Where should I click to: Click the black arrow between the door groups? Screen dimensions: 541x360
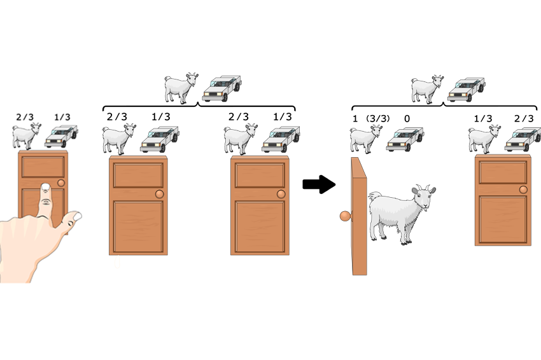point(319,184)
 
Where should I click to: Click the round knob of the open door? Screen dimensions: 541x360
point(346,216)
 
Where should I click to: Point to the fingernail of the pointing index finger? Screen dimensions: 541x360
point(46,187)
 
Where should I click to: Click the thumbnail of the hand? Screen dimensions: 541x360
point(77,216)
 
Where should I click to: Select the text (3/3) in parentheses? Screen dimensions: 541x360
point(378,118)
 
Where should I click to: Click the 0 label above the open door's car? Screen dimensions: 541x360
point(407,118)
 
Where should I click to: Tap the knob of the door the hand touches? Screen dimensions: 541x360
point(61,183)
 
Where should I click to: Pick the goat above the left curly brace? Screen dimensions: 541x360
point(181,88)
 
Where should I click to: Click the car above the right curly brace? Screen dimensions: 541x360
point(467,89)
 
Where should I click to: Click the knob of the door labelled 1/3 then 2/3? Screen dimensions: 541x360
point(523,190)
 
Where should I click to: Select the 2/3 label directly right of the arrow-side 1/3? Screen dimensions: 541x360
point(524,118)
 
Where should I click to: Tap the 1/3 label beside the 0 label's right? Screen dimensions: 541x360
point(483,118)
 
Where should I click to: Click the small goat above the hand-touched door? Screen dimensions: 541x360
point(27,135)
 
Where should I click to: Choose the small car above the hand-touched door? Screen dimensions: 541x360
point(61,136)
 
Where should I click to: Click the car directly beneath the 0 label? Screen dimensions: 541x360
point(405,139)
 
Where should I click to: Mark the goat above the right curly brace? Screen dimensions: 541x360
point(427,89)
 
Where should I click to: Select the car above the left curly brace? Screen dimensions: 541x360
point(222,88)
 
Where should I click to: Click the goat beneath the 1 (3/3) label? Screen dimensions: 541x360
point(366,139)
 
